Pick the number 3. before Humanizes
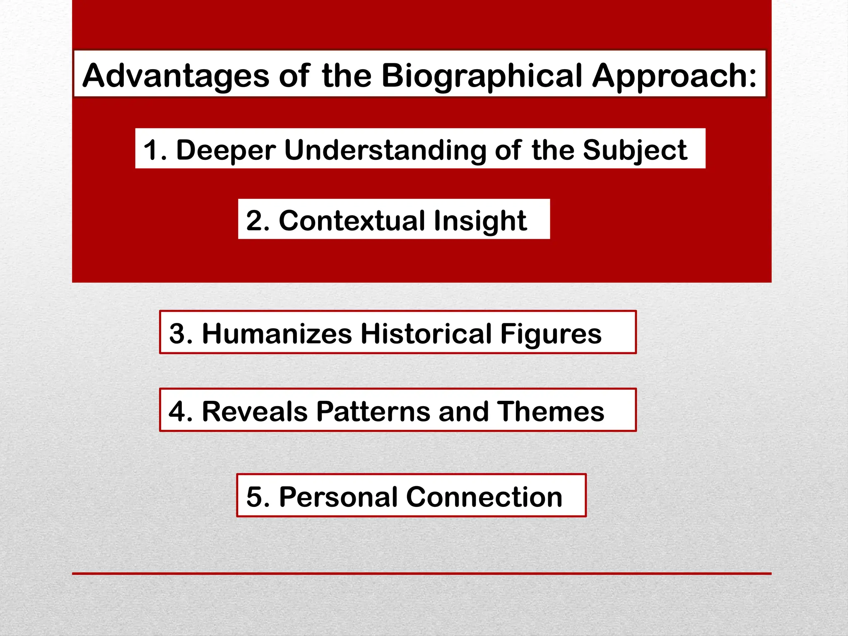tap(181, 333)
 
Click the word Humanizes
tap(277, 333)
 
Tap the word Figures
tap(551, 333)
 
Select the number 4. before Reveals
tap(181, 411)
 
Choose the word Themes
tap(551, 411)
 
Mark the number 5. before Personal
tap(258, 496)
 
